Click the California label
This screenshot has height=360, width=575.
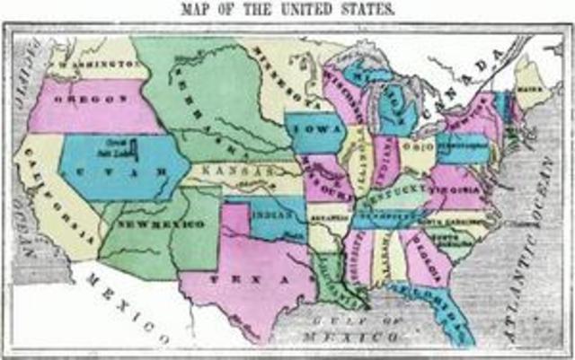click(x=59, y=197)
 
